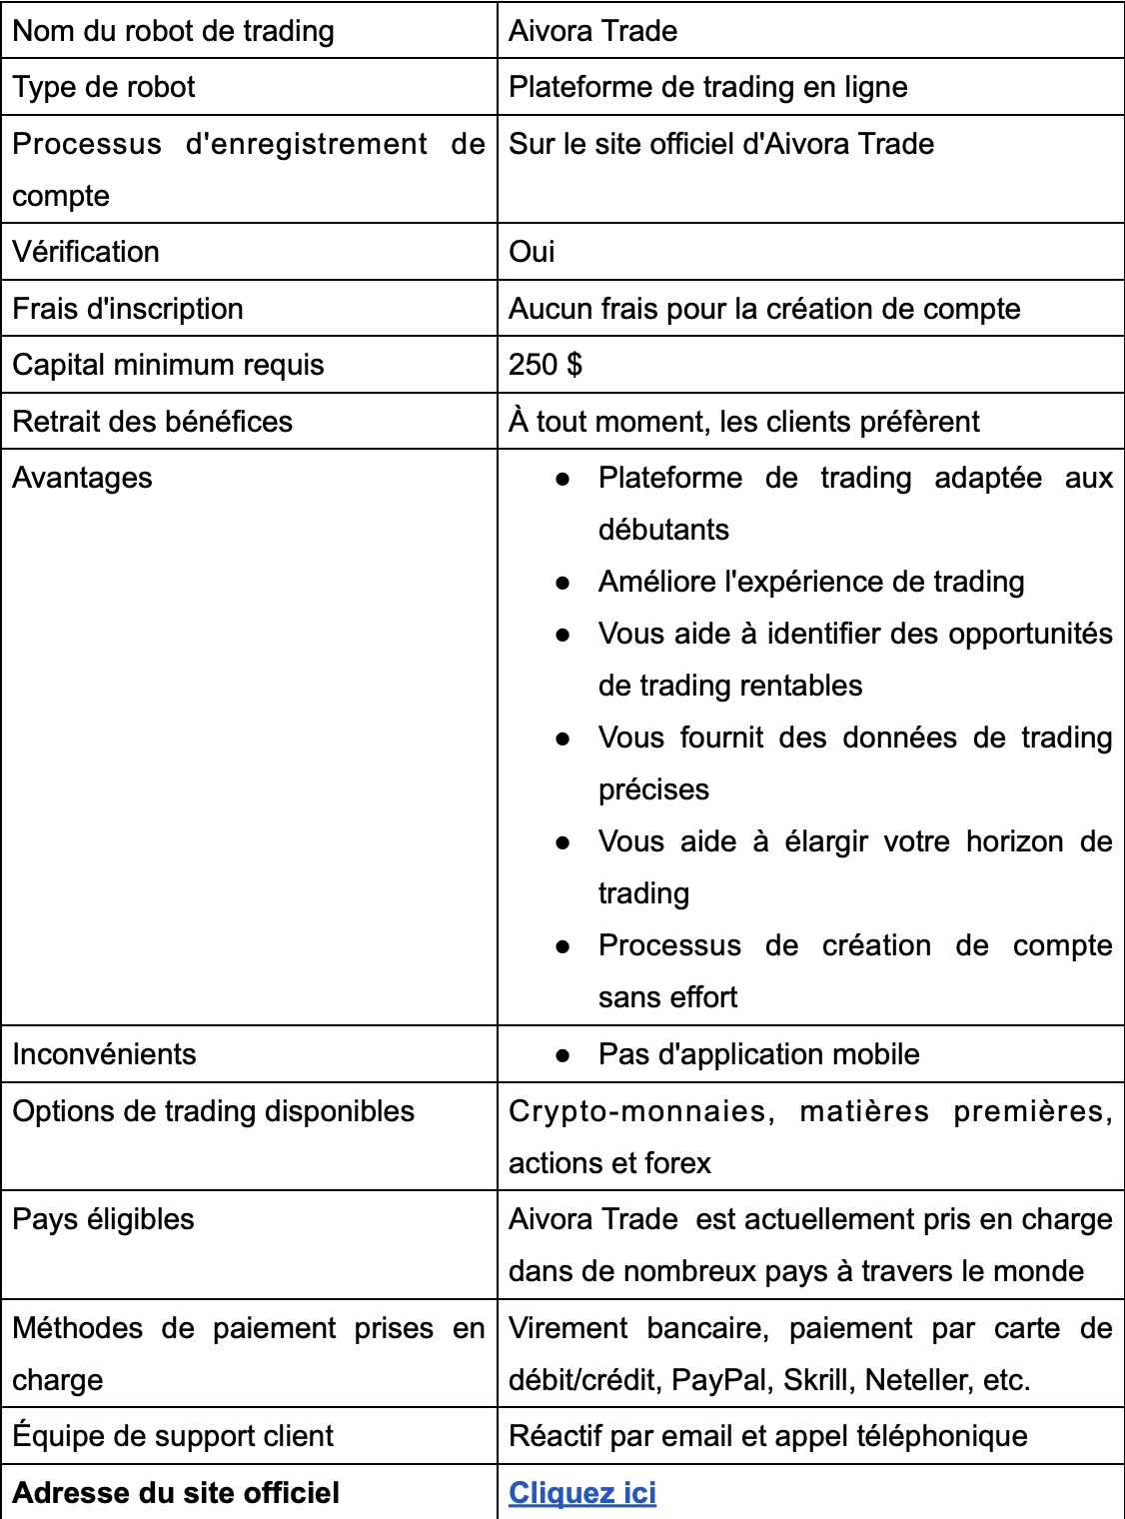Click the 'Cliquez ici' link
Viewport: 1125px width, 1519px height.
coord(582,1493)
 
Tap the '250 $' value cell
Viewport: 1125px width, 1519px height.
coord(546,365)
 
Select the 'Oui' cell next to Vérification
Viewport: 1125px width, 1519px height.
coord(532,252)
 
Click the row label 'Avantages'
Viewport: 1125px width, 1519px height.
coord(82,478)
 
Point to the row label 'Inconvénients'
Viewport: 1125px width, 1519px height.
coord(104,1054)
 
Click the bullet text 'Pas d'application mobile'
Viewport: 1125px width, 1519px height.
coord(758,1054)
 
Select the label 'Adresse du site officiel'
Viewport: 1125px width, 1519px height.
coord(176,1493)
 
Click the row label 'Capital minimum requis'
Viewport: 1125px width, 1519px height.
coord(168,365)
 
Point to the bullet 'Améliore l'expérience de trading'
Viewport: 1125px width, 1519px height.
coord(811,582)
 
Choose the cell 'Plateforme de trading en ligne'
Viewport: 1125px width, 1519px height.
coord(707,87)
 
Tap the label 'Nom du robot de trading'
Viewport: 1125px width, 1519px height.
coord(173,31)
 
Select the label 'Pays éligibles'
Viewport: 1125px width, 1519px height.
coord(103,1219)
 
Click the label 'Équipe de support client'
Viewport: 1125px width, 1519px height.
coord(173,1436)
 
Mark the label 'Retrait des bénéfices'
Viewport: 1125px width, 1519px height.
coord(152,422)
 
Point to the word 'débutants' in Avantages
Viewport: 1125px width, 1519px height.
coord(663,530)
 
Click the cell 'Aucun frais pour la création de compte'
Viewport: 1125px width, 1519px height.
coord(764,309)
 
